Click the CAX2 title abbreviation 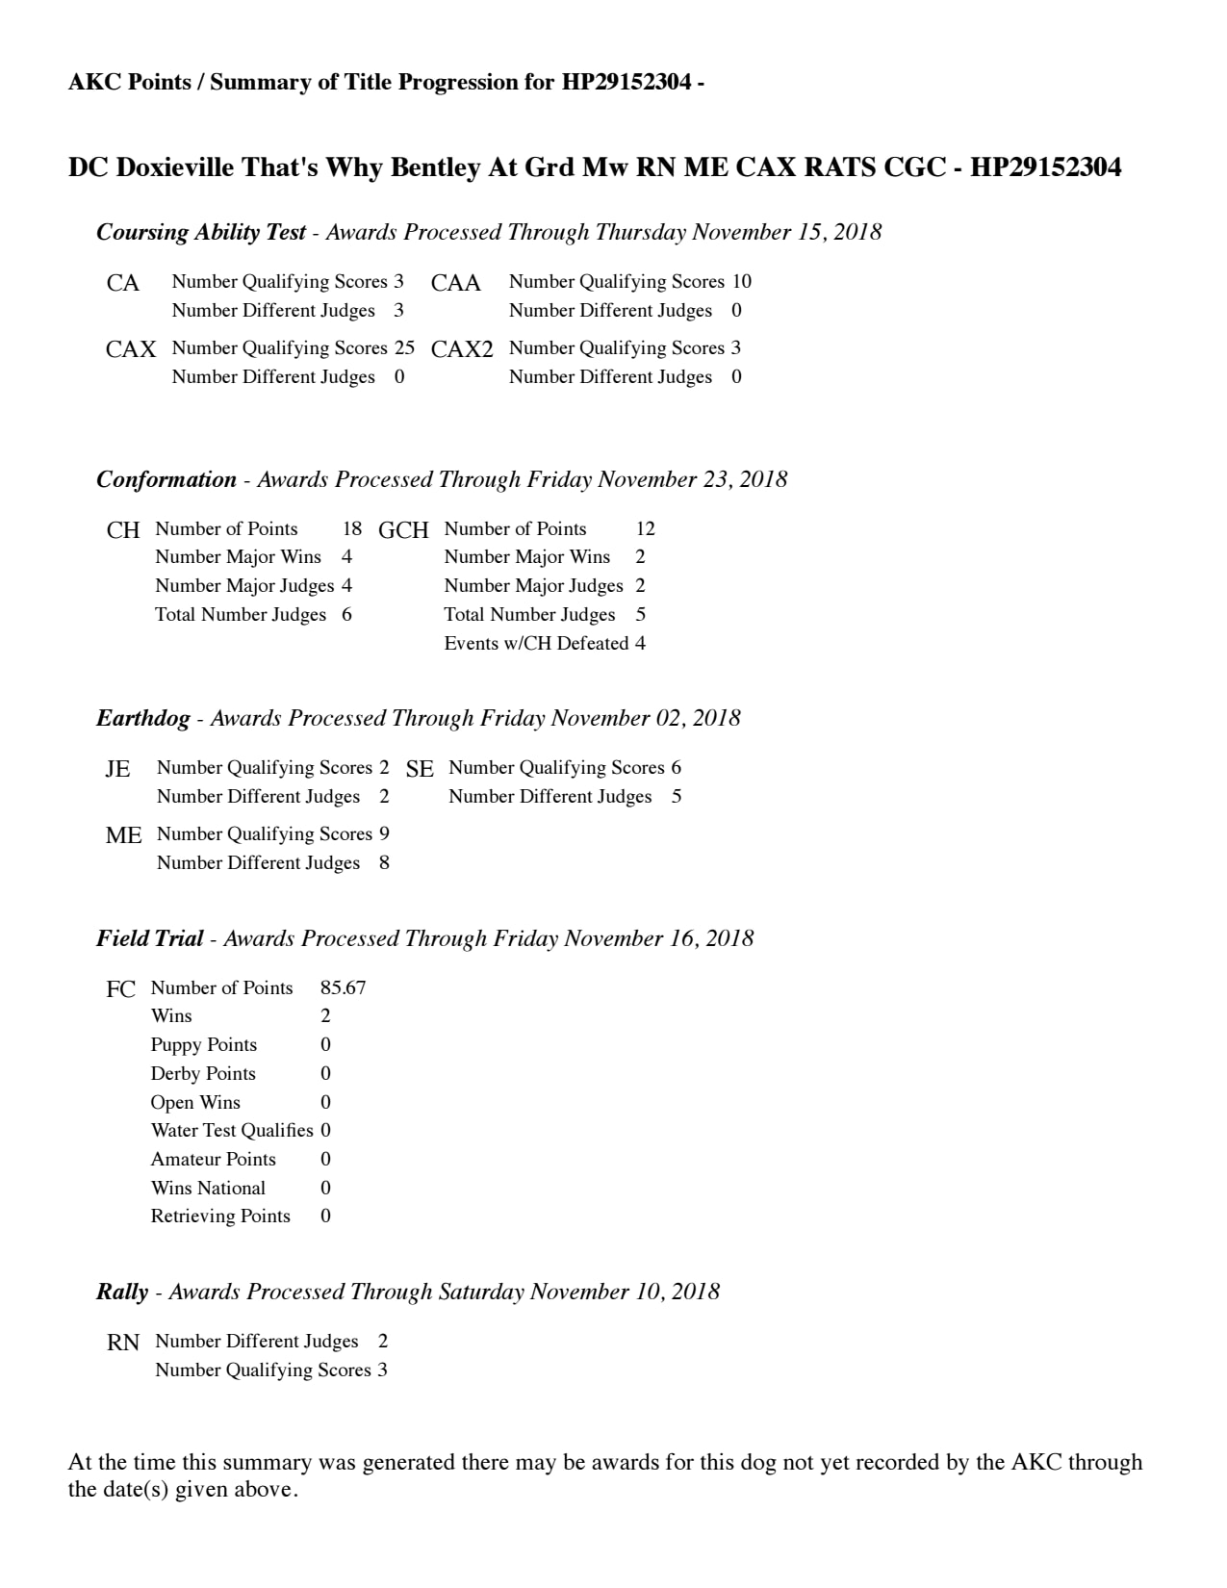pyautogui.click(x=462, y=349)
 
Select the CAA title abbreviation pyautogui.click(x=455, y=283)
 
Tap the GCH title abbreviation pyautogui.click(x=403, y=530)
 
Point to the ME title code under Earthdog pyautogui.click(x=123, y=835)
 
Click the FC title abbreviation pyautogui.click(x=120, y=989)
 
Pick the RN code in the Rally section pyautogui.click(x=123, y=1343)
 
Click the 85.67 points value pyautogui.click(x=343, y=987)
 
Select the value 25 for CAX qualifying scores pyautogui.click(x=404, y=347)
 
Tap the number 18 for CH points pyautogui.click(x=352, y=528)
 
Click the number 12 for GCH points pyautogui.click(x=645, y=528)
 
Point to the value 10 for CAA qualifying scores pyautogui.click(x=741, y=281)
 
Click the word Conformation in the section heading pyautogui.click(x=166, y=479)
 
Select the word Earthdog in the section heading pyautogui.click(x=142, y=718)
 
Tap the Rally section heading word pyautogui.click(x=122, y=1292)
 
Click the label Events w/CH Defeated pyautogui.click(x=536, y=643)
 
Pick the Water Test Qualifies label pyautogui.click(x=232, y=1130)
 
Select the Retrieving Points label pyautogui.click(x=220, y=1216)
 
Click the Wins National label pyautogui.click(x=208, y=1188)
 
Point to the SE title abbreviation pyautogui.click(x=420, y=769)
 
